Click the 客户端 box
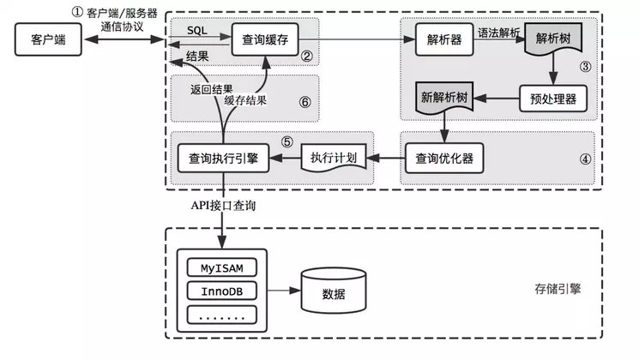[x=43, y=39]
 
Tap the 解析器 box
[x=440, y=39]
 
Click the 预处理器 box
[x=554, y=98]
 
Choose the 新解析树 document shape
[x=445, y=99]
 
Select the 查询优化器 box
[x=444, y=158]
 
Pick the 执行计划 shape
[x=333, y=159]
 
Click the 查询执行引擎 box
[x=223, y=158]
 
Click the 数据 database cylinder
[x=333, y=292]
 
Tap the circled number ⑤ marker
[x=288, y=141]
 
